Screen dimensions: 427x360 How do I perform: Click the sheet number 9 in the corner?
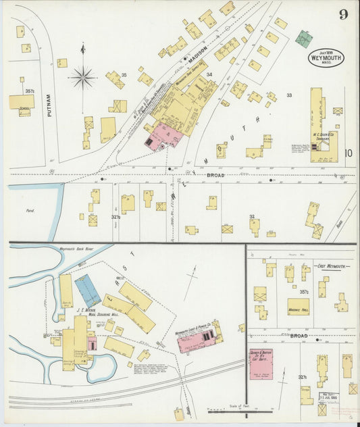[343, 14]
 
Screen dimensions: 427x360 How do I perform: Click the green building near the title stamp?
[303, 38]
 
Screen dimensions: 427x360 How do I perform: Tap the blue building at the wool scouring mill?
[88, 289]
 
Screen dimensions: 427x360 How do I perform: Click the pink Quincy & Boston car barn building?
[261, 364]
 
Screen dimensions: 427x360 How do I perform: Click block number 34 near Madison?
[209, 74]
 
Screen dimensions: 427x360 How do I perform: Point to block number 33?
[288, 95]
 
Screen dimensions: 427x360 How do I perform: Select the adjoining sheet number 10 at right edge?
[348, 153]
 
